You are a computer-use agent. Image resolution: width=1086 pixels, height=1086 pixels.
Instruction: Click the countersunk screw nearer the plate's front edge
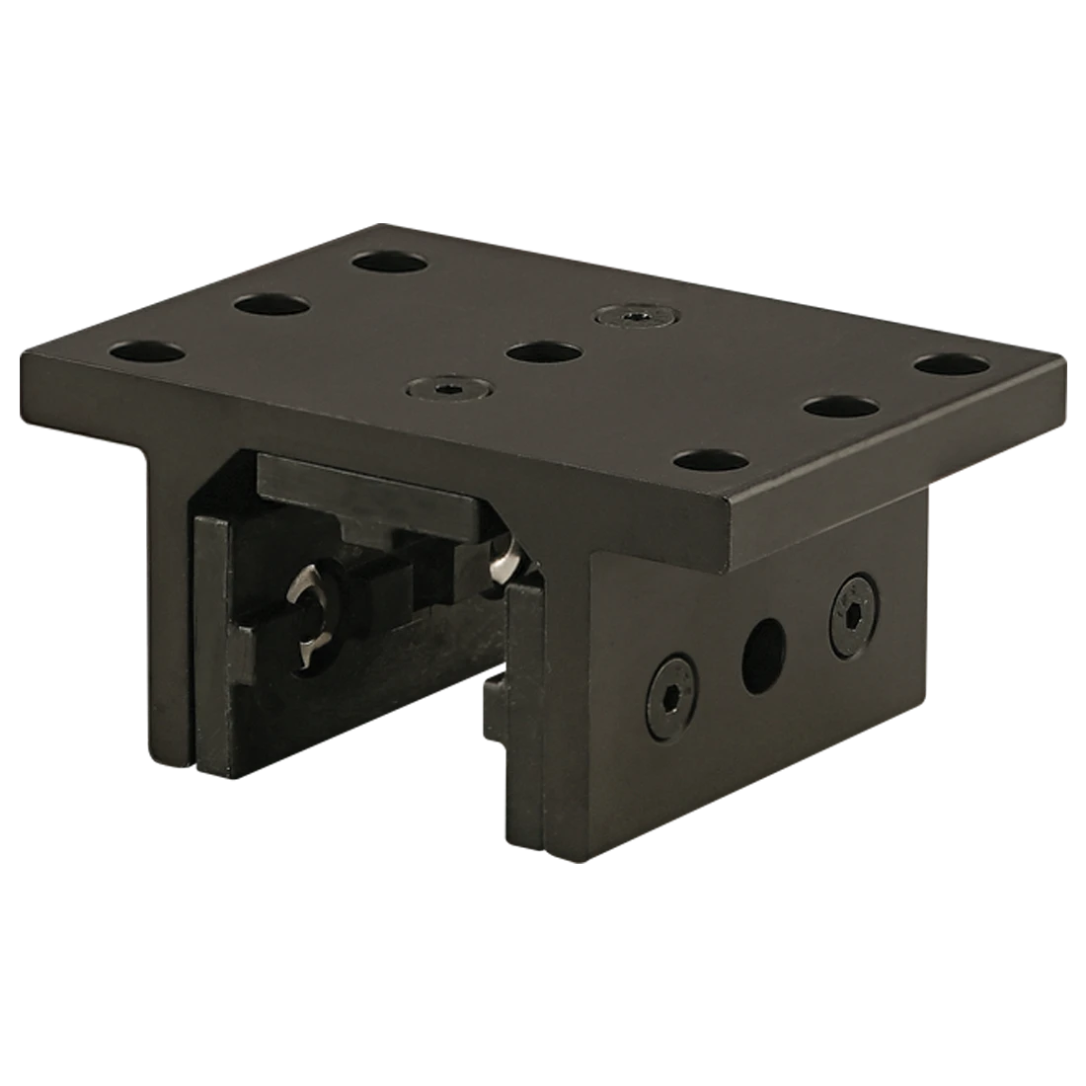[x=448, y=385]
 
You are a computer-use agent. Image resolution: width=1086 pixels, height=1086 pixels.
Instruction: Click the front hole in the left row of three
[x=150, y=350]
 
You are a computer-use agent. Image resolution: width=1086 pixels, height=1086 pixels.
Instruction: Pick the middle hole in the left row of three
[x=271, y=304]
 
